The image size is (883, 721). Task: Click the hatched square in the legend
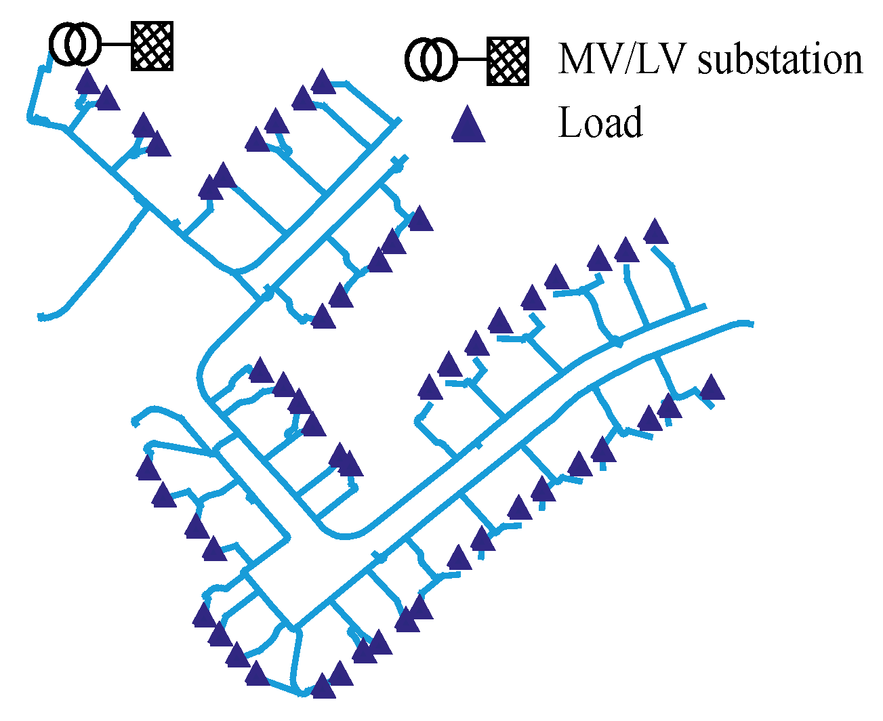click(x=508, y=61)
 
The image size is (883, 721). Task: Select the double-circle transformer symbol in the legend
click(x=432, y=60)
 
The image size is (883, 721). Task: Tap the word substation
click(x=780, y=60)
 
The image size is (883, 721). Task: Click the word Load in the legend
click(x=600, y=123)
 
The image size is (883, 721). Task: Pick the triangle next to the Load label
click(x=468, y=126)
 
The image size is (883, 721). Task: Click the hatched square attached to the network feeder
click(x=152, y=46)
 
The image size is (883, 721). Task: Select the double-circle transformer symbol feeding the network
click(x=75, y=45)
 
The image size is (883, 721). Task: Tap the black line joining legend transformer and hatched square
click(x=472, y=60)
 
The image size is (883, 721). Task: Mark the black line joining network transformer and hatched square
click(x=115, y=45)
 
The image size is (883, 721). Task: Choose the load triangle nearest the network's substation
click(x=87, y=83)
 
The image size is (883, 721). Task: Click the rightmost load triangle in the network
click(x=712, y=389)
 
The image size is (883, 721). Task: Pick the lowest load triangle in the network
click(x=323, y=687)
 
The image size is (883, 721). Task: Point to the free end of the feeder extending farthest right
click(x=751, y=324)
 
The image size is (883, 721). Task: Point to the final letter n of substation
click(x=853, y=63)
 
